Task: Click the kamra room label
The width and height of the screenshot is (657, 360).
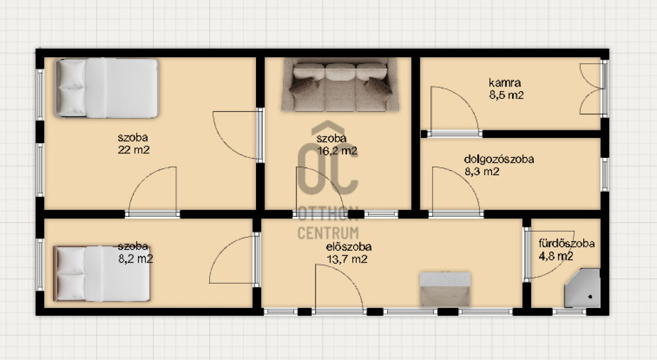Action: [x=504, y=83]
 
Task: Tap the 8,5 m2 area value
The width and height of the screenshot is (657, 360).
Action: [x=506, y=95]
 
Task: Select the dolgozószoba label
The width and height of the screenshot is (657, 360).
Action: [x=499, y=159]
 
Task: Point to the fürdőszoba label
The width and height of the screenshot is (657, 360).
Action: [x=567, y=243]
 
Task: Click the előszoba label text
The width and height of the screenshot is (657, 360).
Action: [x=348, y=247]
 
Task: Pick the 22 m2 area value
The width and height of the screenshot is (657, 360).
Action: [x=133, y=150]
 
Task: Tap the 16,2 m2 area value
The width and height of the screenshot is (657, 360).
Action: [x=337, y=151]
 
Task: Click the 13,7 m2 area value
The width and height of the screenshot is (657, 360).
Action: [x=347, y=259]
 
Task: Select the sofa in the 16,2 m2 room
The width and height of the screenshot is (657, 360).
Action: [x=340, y=85]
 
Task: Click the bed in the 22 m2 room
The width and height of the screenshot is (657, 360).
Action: [x=107, y=88]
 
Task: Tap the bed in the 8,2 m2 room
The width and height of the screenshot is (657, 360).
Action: [x=102, y=273]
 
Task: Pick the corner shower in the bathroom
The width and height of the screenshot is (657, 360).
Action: [x=582, y=288]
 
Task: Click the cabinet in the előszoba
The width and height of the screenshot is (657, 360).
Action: [x=445, y=289]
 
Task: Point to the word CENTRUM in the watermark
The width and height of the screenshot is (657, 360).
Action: [x=328, y=233]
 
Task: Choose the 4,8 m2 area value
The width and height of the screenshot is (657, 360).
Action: [x=556, y=256]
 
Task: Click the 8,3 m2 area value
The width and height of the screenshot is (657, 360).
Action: [x=482, y=171]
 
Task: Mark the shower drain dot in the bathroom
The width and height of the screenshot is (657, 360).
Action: [x=590, y=297]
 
